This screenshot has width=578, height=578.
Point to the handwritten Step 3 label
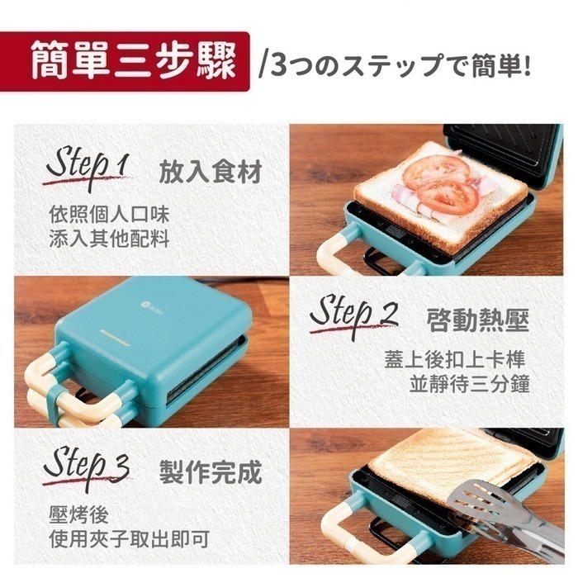87,467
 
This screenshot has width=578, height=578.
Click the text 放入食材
210,173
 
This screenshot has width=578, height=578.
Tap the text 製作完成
210,472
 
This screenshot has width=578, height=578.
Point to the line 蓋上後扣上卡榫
455,361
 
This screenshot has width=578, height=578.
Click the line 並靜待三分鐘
469,385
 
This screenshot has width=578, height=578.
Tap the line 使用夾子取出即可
128,540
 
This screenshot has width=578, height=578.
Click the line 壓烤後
78,516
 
